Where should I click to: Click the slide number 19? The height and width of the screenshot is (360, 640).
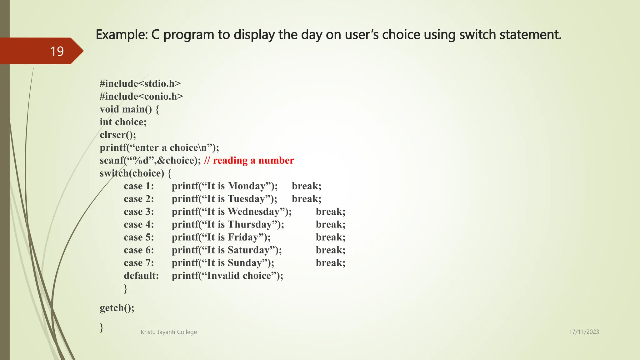coord(57,51)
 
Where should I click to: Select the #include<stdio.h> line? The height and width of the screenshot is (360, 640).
coord(140,84)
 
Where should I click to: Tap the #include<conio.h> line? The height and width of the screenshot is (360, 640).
coord(141,97)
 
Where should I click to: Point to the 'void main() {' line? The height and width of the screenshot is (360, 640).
coord(129,109)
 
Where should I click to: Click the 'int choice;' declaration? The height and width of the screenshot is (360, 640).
coord(123,122)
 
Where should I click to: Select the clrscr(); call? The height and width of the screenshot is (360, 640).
coord(118,135)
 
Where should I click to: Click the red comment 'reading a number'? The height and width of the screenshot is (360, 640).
coord(253,161)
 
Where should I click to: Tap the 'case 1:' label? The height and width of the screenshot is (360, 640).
coord(139,186)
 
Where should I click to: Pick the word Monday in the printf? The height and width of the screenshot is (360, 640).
coord(247,186)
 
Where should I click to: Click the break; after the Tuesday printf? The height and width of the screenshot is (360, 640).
coord(306,199)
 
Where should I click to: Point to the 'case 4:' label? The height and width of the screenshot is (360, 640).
coord(139,225)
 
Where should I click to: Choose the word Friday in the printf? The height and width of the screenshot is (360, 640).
coord(243,237)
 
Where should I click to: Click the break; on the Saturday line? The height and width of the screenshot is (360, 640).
coord(330,250)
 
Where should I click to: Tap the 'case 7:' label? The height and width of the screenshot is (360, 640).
coord(139,263)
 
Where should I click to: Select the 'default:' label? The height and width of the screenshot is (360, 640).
coord(141,276)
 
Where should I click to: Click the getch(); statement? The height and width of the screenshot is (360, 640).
coord(117,308)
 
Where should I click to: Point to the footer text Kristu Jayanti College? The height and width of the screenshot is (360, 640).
coord(169,332)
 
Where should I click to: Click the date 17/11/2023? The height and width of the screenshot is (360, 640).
coord(584,332)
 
